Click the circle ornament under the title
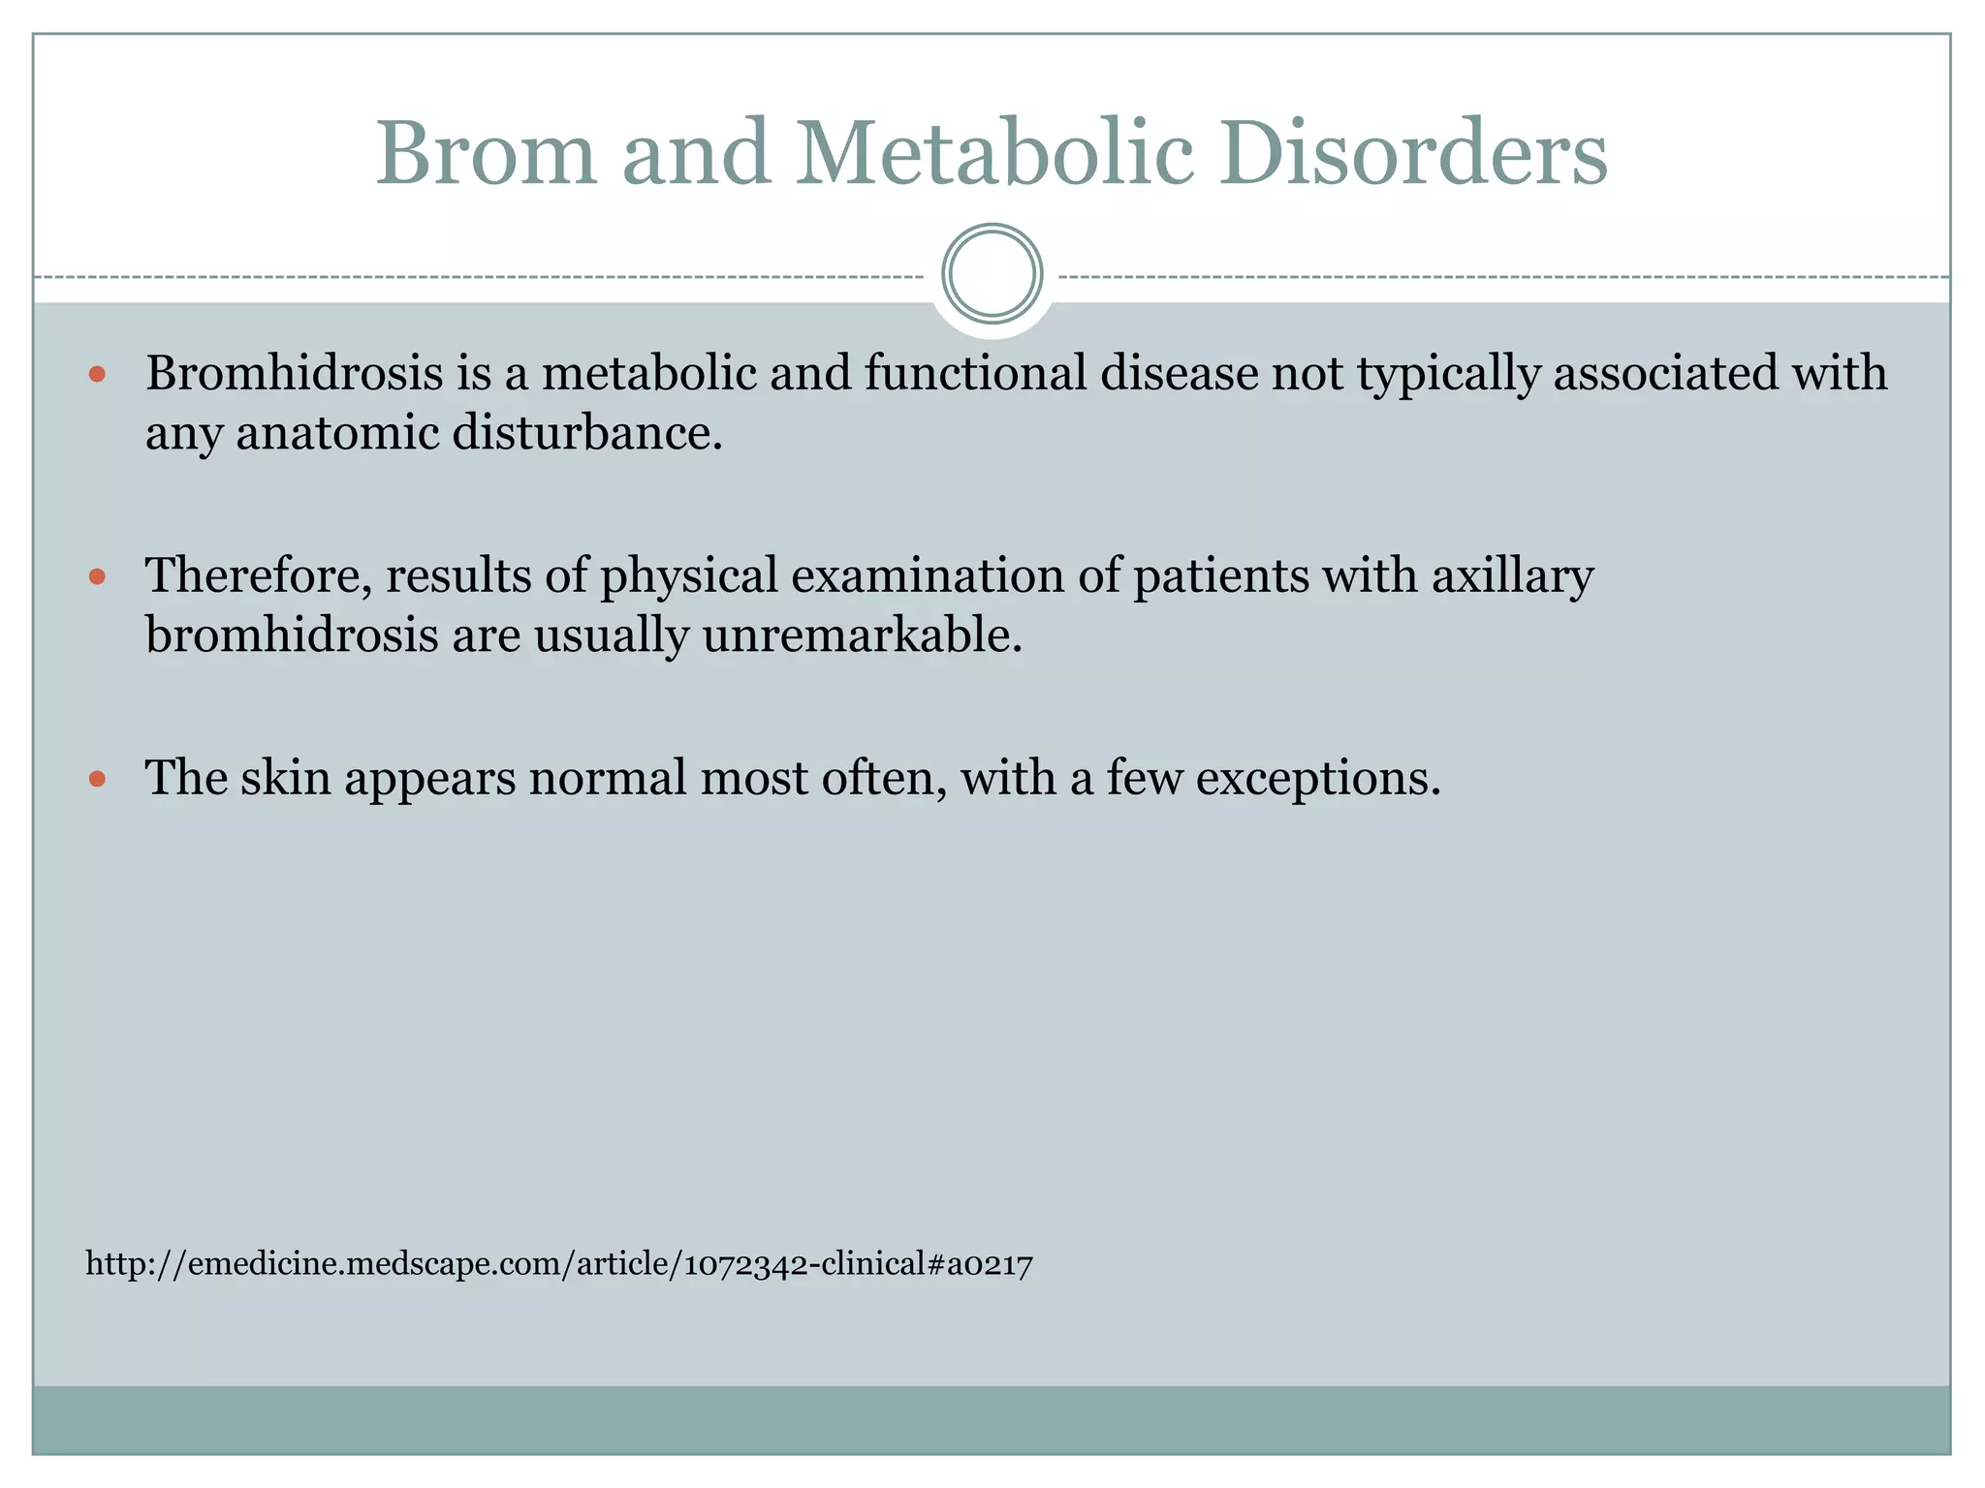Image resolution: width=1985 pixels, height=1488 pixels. (x=992, y=273)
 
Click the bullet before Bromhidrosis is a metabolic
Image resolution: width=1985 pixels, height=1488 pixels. (x=96, y=374)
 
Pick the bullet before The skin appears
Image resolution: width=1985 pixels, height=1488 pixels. (x=96, y=779)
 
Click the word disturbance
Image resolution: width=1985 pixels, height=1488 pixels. (x=587, y=433)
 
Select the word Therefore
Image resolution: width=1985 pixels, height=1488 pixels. (x=258, y=576)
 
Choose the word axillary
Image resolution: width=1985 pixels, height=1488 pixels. (x=1512, y=576)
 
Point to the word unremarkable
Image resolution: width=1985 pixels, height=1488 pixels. (x=862, y=636)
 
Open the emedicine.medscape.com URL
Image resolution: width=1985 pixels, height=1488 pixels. (x=559, y=1264)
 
